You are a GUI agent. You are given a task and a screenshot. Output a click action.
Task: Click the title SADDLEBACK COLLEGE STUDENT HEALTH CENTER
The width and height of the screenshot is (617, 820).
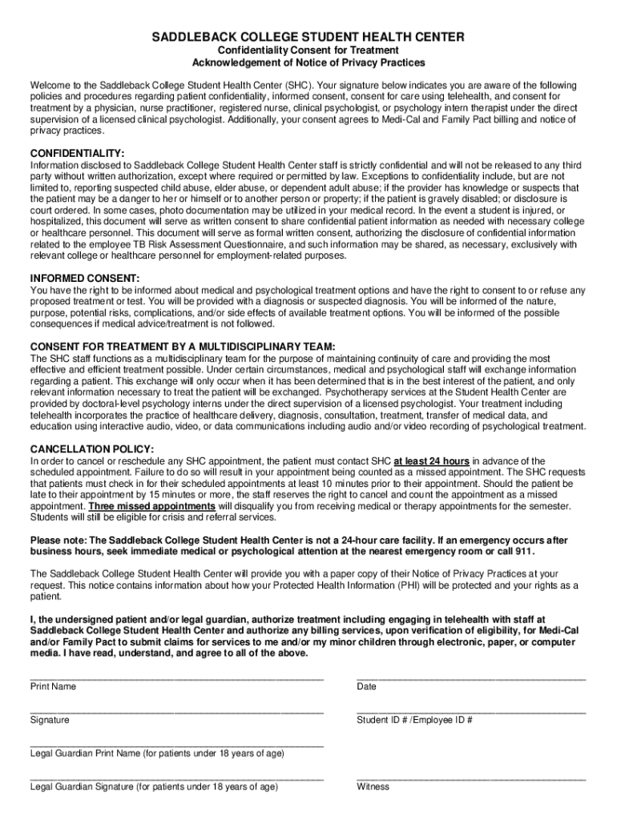[x=308, y=38]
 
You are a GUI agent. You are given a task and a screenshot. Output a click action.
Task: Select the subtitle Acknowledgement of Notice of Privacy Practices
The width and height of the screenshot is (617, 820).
[x=308, y=62]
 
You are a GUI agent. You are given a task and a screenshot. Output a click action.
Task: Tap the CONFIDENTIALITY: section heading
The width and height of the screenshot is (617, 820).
[x=77, y=153]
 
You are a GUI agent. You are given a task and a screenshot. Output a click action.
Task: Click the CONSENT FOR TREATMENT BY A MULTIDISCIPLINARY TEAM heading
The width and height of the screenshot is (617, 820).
[x=182, y=346]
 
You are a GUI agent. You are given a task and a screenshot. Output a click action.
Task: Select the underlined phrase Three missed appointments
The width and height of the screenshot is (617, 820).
[x=151, y=507]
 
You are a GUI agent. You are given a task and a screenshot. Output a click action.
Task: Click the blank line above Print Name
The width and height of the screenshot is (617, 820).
[x=176, y=678]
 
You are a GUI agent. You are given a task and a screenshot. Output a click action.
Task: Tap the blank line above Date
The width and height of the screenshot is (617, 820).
[x=470, y=678]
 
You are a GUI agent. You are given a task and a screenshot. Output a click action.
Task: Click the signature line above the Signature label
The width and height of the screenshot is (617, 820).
[x=176, y=712]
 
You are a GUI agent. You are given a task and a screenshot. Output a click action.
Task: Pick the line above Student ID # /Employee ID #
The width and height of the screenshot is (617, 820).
[x=470, y=712]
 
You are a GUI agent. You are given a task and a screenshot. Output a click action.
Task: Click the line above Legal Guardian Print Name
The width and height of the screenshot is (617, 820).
[x=176, y=746]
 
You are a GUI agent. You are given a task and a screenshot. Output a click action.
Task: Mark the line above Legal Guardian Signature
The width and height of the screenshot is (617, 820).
[x=176, y=778]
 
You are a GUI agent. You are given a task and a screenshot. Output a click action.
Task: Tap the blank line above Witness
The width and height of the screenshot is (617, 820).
[x=470, y=778]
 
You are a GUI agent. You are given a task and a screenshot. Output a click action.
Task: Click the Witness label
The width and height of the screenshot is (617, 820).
[x=373, y=786]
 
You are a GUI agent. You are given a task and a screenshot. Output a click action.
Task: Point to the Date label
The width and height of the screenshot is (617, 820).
[x=366, y=687]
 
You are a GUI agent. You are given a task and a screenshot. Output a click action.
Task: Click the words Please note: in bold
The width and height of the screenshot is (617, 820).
[x=57, y=540]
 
